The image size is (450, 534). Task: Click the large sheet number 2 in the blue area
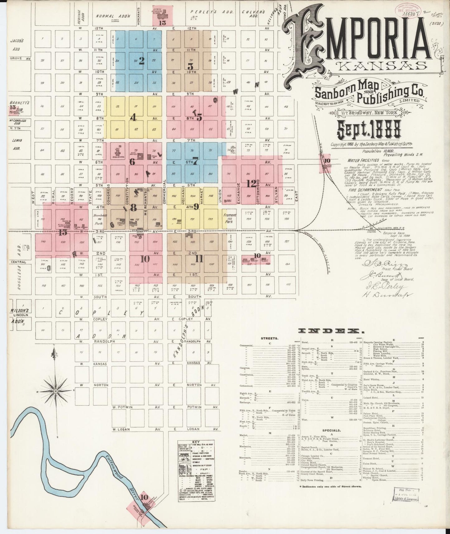pyautogui.click(x=141, y=61)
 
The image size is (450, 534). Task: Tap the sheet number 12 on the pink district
pyautogui.click(x=251, y=184)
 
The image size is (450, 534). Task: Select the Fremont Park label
pyautogui.click(x=230, y=217)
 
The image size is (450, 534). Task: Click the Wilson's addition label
pyautogui.click(x=21, y=311)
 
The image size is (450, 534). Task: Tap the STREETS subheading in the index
pyautogui.click(x=270, y=338)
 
